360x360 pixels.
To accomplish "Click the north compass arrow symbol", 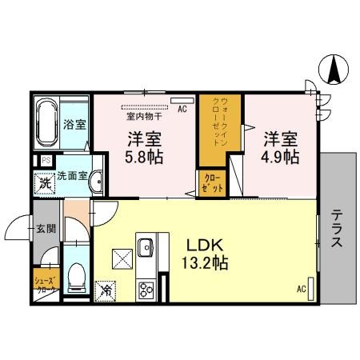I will [x=334, y=70].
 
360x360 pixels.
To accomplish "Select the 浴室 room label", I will [x=75, y=125].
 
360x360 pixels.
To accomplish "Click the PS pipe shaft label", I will [x=46, y=161].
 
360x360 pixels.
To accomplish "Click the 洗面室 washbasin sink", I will [x=96, y=181].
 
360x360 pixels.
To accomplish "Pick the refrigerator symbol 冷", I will [x=106, y=290].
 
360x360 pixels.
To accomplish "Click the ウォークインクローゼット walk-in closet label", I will [x=220, y=120].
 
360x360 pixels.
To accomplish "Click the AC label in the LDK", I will [x=302, y=289].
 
